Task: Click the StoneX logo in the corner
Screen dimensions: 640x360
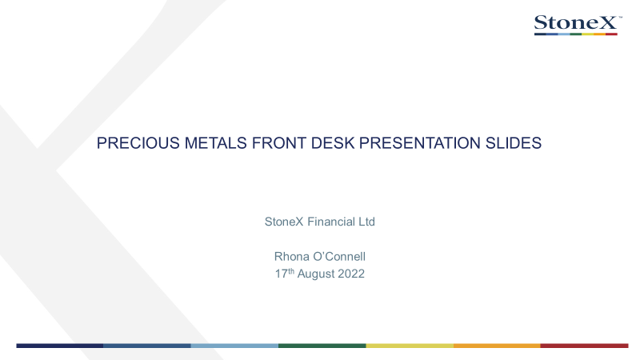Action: [x=578, y=25]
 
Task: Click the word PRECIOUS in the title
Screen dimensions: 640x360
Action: [x=138, y=143]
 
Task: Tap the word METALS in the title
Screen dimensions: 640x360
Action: [x=215, y=143]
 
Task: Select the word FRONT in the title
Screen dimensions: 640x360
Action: [x=278, y=143]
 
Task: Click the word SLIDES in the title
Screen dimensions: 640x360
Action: [x=514, y=143]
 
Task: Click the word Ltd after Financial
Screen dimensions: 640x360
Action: [x=366, y=222]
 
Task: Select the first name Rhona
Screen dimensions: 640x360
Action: [x=291, y=256]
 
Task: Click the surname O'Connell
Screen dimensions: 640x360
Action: [x=339, y=256]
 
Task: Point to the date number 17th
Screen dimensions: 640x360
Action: [x=285, y=273]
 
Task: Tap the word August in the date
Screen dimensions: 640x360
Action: [x=315, y=274]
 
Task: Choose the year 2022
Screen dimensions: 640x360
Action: [x=351, y=274]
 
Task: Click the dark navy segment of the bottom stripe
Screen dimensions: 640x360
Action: [x=59, y=346]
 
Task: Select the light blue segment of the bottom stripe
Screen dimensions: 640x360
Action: [x=234, y=346]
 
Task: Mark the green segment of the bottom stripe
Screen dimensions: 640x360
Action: [x=322, y=346]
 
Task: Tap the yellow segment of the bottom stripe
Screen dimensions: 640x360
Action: [x=410, y=346]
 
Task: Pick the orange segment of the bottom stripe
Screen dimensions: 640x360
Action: [x=497, y=346]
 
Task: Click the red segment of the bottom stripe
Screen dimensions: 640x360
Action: [x=585, y=346]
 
